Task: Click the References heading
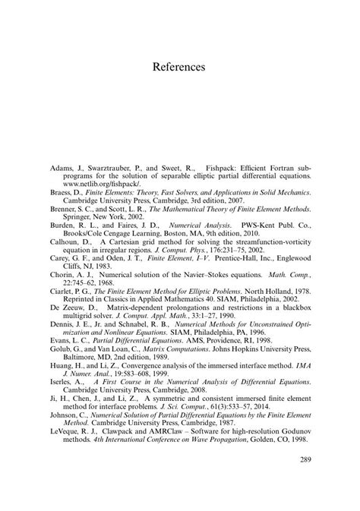(x=179, y=67)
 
